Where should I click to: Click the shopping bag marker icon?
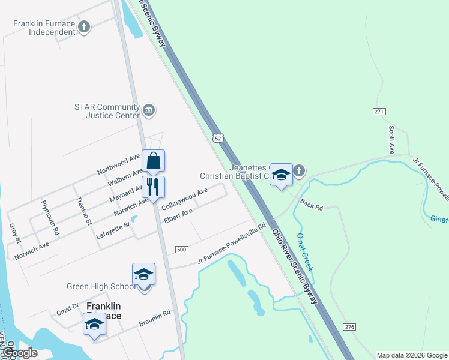click(154, 161)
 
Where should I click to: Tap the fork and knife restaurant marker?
click(154, 187)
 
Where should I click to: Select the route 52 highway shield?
click(218, 139)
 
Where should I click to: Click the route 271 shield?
click(379, 112)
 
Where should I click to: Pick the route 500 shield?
click(182, 249)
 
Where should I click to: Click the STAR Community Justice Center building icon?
click(149, 110)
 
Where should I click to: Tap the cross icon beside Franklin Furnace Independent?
click(85, 26)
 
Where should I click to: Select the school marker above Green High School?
click(143, 274)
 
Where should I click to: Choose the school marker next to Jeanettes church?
click(280, 175)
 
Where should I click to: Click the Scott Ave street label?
click(391, 140)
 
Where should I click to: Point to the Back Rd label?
click(312, 205)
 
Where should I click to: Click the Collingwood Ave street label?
click(185, 197)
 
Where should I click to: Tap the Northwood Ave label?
click(119, 166)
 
